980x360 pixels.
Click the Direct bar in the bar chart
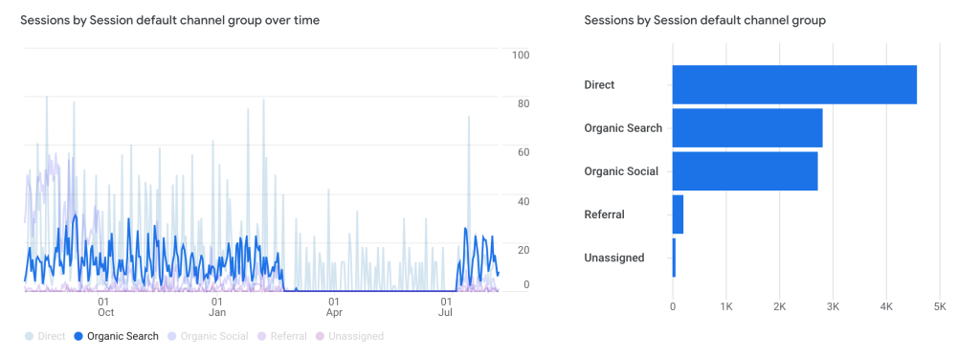coord(794,84)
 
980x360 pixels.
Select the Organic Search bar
coord(746,128)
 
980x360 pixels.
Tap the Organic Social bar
coord(745,171)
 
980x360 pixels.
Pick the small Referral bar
coord(678,214)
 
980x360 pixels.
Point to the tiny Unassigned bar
coord(674,258)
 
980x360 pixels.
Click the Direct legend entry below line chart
coord(46,336)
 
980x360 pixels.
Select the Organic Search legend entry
coord(116,336)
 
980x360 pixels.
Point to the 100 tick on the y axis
coord(521,55)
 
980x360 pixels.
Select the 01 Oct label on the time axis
coord(106,306)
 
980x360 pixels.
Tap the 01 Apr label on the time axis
coord(334,306)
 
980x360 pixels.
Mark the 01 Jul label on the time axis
coord(446,306)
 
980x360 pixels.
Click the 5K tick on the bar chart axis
coord(940,306)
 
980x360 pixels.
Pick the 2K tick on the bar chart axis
coord(779,306)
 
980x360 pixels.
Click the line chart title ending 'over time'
coord(170,20)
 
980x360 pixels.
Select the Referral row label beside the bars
coord(604,214)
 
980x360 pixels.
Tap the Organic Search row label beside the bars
coord(622,128)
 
